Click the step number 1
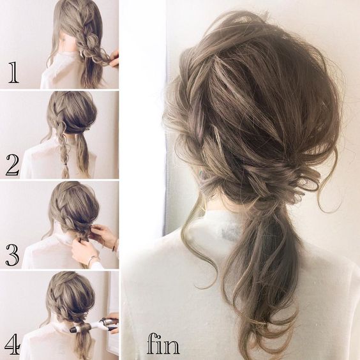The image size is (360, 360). [x=13, y=72]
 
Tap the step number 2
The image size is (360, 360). [x=12, y=165]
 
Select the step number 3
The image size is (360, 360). [x=12, y=255]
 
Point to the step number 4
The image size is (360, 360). [x=13, y=344]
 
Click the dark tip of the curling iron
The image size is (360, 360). [x=73, y=330]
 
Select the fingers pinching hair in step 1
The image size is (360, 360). [x=114, y=59]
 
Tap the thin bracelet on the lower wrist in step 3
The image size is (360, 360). [x=92, y=259]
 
